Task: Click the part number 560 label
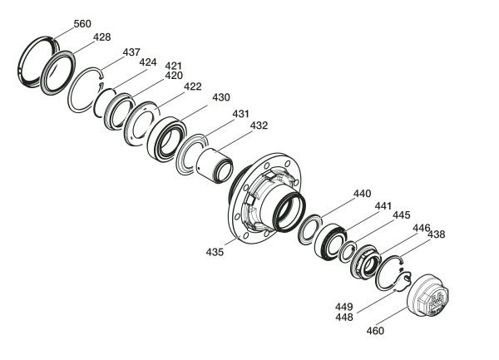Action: [x=82, y=24]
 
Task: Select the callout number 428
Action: [x=101, y=37]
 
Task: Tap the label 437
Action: [x=131, y=52]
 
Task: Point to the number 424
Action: [x=148, y=62]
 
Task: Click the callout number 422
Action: [x=193, y=86]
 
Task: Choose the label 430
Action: [x=221, y=97]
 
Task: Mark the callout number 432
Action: [x=259, y=126]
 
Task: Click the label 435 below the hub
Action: [x=215, y=253]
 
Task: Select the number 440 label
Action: [x=362, y=194]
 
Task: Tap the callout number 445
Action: [x=402, y=215]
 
